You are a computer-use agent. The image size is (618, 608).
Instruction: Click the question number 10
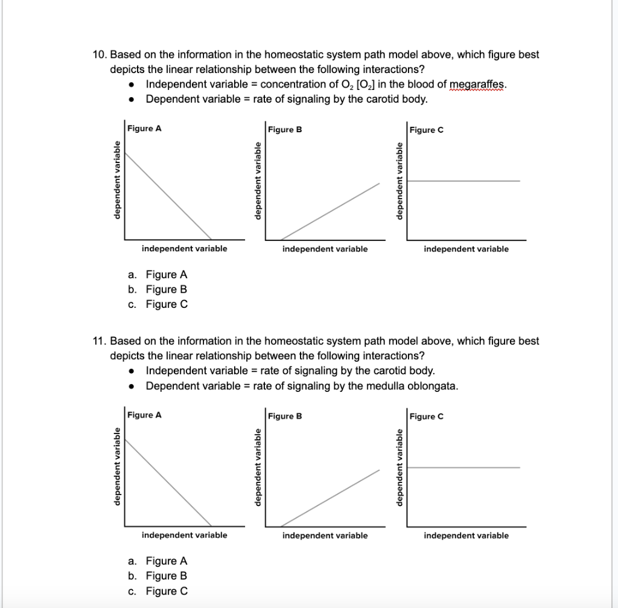pos(99,55)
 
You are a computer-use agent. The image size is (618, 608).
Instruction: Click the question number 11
pos(99,341)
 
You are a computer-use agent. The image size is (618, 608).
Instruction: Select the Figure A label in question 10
pos(144,129)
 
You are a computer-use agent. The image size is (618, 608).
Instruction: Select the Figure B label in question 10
pos(285,129)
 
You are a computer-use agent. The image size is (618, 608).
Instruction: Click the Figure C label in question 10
pos(427,130)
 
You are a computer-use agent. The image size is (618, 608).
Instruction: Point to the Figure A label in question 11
pos(144,415)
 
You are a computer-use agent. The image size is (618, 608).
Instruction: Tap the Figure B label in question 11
pos(285,416)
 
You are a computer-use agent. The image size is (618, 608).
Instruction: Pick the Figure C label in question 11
pos(427,417)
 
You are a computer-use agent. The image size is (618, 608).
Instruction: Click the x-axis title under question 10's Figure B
pos(325,249)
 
